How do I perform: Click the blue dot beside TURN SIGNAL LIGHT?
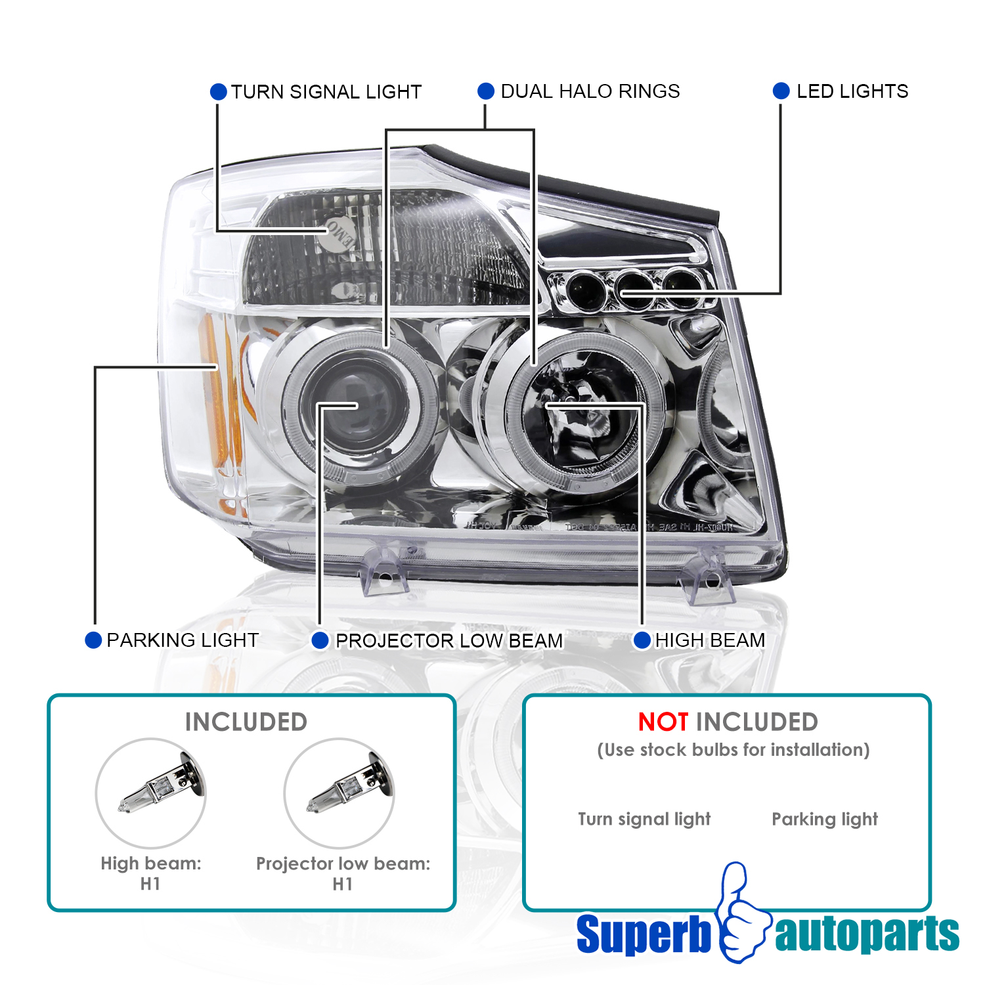219,92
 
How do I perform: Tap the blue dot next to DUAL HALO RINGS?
486,91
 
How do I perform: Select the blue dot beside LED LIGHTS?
781,91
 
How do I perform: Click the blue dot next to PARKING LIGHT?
93,640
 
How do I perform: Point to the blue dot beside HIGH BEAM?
642,640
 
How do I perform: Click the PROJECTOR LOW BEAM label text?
449,640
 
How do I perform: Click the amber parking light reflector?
213,394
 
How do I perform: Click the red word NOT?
663,722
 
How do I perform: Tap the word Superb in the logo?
644,934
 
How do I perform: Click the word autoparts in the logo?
867,934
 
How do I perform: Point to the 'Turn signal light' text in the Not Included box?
644,819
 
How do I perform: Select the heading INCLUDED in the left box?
246,722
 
